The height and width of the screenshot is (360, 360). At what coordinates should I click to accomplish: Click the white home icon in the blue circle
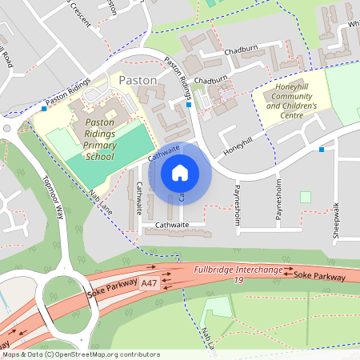click(x=180, y=172)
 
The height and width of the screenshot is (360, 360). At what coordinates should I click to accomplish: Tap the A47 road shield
click(x=149, y=283)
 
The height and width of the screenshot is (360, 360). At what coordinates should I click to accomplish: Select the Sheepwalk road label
click(x=336, y=221)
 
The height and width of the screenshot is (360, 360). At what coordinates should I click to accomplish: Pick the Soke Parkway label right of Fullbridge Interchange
click(x=319, y=276)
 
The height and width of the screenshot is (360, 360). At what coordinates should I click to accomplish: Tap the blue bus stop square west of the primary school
click(x=43, y=109)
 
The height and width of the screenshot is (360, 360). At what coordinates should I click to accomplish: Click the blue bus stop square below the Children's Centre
click(x=322, y=149)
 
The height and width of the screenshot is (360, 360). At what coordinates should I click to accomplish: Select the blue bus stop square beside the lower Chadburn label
click(x=189, y=104)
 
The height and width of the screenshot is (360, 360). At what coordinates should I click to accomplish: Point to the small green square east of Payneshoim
click(x=305, y=197)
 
